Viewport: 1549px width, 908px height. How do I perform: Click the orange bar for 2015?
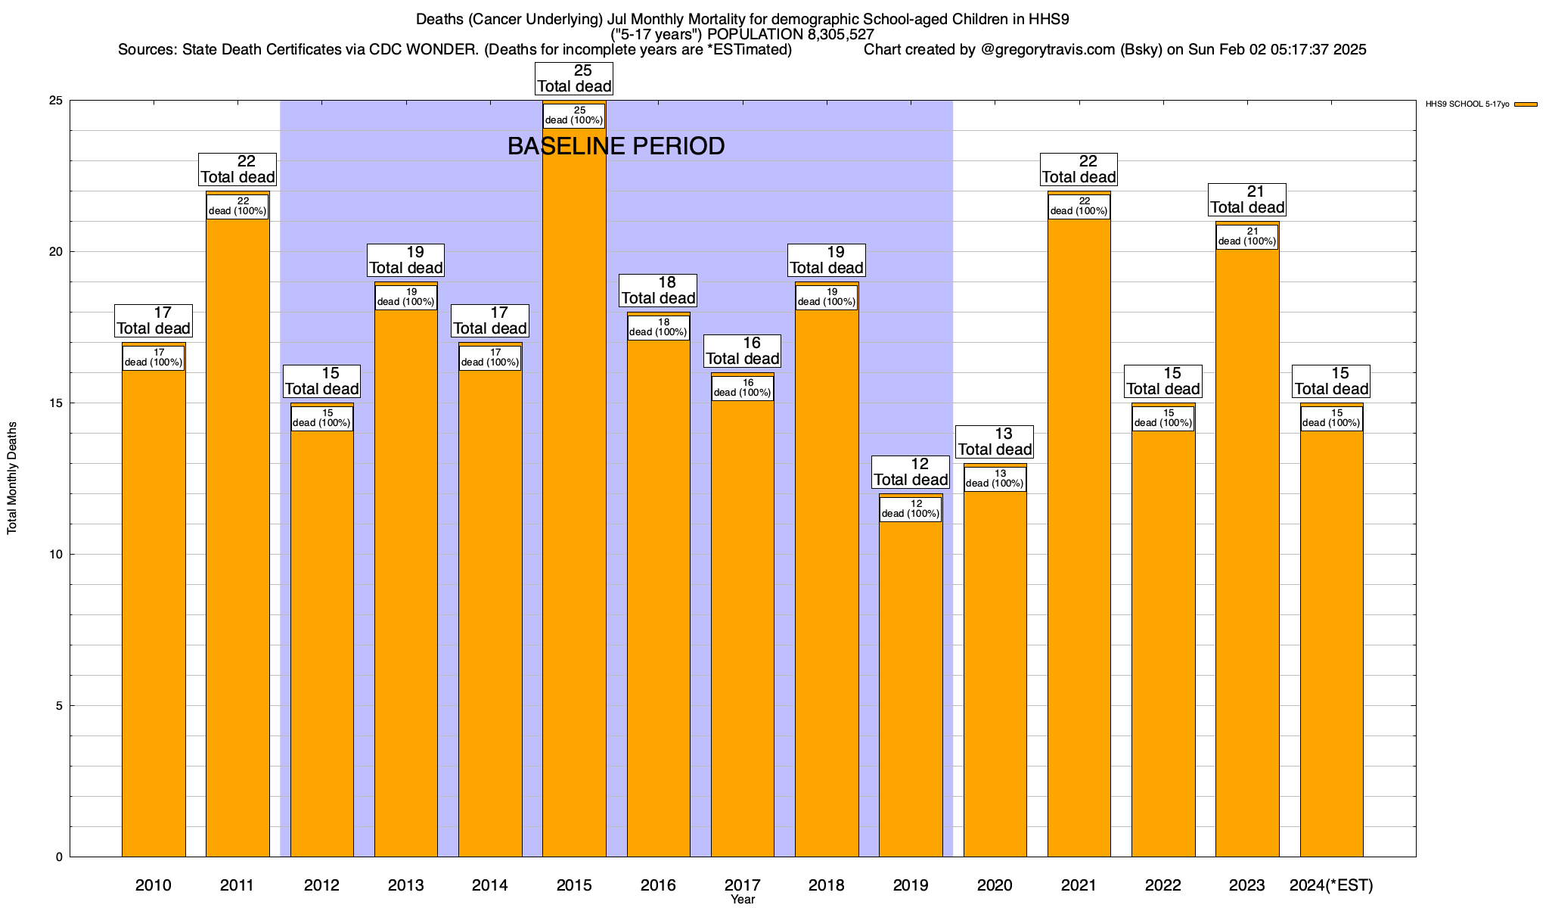(x=574, y=492)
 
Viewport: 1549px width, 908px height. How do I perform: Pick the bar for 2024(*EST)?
(x=1331, y=643)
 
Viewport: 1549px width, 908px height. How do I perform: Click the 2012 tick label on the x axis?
(x=321, y=885)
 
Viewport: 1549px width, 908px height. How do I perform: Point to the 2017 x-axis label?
(x=743, y=885)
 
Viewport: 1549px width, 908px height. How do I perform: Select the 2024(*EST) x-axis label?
(x=1331, y=885)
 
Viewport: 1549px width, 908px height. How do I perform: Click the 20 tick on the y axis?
(x=57, y=252)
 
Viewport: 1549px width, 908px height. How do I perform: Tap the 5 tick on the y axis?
(x=59, y=706)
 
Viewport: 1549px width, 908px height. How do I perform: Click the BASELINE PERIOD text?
(x=616, y=146)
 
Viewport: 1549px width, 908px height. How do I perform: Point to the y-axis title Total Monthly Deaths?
(x=12, y=478)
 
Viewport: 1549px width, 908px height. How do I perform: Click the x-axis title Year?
(x=743, y=900)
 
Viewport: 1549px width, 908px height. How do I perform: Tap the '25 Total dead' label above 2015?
(x=574, y=79)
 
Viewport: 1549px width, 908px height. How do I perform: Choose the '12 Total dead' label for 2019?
(x=911, y=472)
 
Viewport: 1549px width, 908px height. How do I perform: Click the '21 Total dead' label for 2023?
(x=1247, y=200)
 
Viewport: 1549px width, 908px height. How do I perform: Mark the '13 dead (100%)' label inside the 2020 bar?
(x=995, y=479)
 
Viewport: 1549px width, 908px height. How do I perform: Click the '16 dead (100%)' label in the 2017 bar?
(x=743, y=388)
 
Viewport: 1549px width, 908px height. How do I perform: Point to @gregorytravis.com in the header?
(x=1048, y=50)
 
